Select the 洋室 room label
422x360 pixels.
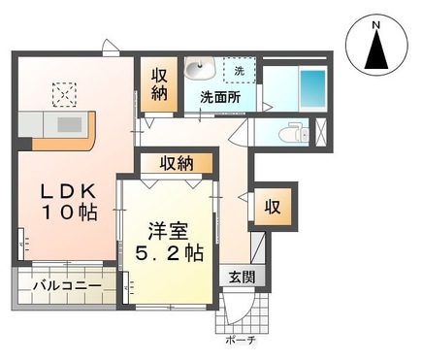[167, 231]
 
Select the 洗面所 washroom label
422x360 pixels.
[220, 98]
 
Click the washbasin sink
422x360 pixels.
[203, 69]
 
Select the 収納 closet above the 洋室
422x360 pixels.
[176, 163]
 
